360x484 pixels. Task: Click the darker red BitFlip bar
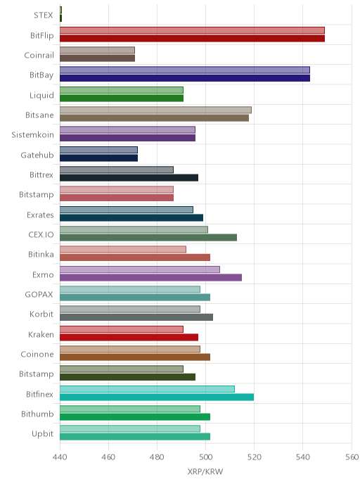pyautogui.click(x=192, y=38)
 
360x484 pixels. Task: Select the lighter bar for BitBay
pyautogui.click(x=185, y=70)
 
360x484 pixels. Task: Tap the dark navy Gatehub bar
pyautogui.click(x=98, y=158)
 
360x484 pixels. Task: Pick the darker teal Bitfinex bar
pyautogui.click(x=157, y=397)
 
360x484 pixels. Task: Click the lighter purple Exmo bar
pyautogui.click(x=140, y=269)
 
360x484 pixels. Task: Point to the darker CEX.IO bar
pyautogui.click(x=148, y=237)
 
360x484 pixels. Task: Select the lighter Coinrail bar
pyautogui.click(x=97, y=51)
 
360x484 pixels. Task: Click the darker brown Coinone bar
pyautogui.click(x=135, y=357)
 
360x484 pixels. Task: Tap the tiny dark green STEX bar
pyautogui.click(x=60, y=18)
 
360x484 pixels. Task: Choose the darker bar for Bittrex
pyautogui.click(x=129, y=178)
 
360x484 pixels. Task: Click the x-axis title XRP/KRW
pyautogui.click(x=205, y=471)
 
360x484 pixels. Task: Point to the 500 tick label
pyautogui.click(x=205, y=457)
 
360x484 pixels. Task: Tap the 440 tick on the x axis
pyautogui.click(x=60, y=457)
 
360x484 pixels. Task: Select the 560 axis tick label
pyautogui.click(x=352, y=457)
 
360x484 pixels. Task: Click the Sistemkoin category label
pyautogui.click(x=33, y=135)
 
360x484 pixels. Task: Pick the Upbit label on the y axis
pyautogui.click(x=43, y=434)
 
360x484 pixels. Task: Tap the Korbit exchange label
pyautogui.click(x=41, y=314)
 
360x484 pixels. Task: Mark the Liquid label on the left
pyautogui.click(x=41, y=96)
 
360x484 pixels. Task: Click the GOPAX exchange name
pyautogui.click(x=39, y=295)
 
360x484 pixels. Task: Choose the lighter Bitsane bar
pyautogui.click(x=155, y=110)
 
